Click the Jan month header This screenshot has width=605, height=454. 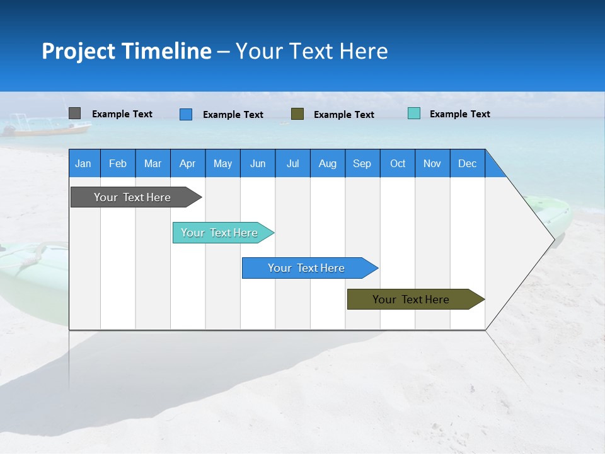click(x=83, y=163)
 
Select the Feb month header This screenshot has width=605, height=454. click(x=118, y=163)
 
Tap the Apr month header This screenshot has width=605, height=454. click(x=187, y=163)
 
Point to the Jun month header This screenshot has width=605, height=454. click(x=258, y=163)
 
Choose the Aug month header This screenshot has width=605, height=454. click(x=328, y=163)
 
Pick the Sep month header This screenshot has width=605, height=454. click(x=362, y=163)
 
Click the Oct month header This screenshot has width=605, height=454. click(x=398, y=163)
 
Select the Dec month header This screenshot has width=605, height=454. click(x=467, y=163)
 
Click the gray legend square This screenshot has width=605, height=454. click(x=74, y=113)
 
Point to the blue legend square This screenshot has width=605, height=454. click(x=186, y=114)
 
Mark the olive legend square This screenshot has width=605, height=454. click(x=297, y=114)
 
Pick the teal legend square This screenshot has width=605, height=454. click(x=414, y=113)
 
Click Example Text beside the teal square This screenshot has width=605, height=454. click(x=459, y=114)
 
